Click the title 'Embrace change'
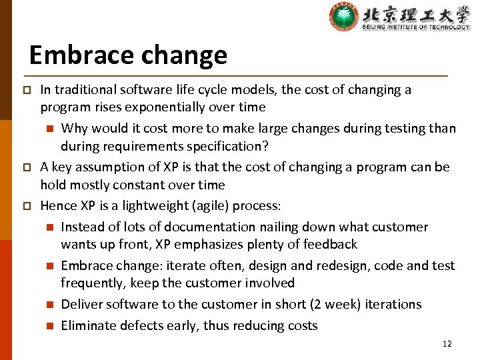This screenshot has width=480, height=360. (x=128, y=55)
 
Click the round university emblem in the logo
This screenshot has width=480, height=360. (x=343, y=17)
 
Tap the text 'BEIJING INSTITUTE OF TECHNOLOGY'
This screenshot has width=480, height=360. (x=416, y=27)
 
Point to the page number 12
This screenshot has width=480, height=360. (x=447, y=344)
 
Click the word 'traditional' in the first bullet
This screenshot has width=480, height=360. (x=84, y=89)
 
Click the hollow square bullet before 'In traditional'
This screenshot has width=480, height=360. (x=27, y=90)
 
